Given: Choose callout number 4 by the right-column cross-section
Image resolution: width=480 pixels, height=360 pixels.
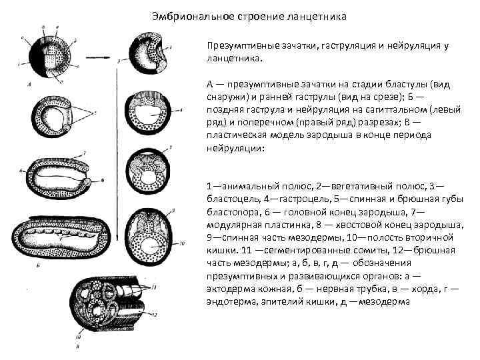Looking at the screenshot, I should coord(175,47).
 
